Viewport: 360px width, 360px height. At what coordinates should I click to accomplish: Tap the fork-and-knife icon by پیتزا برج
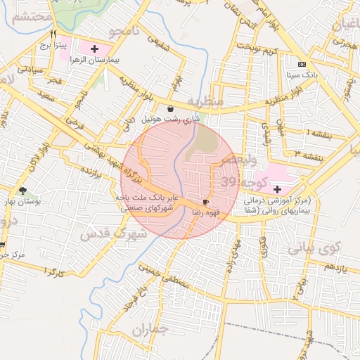coord(53,33)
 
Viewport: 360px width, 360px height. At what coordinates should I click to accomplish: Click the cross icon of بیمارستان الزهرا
coord(94,49)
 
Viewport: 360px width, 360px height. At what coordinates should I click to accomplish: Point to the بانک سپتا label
coord(302,73)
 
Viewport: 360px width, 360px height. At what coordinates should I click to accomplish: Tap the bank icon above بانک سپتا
coord(302,62)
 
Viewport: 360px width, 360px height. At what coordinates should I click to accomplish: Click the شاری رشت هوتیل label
coord(171,120)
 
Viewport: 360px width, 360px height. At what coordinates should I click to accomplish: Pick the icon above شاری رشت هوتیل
coord(171,108)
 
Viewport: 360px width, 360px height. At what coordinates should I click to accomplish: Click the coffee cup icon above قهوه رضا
coord(205,200)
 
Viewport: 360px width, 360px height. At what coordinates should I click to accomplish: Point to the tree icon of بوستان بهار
coord(23,191)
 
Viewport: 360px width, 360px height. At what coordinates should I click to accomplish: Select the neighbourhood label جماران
coord(151,329)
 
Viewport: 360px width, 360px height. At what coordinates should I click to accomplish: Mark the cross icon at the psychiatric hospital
coord(277,189)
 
